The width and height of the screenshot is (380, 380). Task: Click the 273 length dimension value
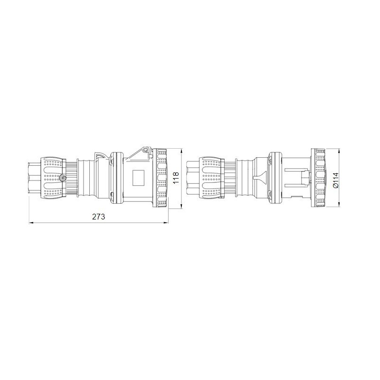point(98,217)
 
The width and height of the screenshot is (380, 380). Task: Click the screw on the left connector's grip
point(63,178)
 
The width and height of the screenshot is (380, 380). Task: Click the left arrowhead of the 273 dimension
point(31,222)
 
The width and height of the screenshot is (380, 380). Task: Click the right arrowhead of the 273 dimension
point(166,222)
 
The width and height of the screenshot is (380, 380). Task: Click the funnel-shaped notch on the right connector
point(258,179)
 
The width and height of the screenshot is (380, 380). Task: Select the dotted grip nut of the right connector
point(211,179)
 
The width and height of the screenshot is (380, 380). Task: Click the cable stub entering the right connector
point(192,179)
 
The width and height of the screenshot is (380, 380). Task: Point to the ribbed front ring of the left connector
point(160,179)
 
